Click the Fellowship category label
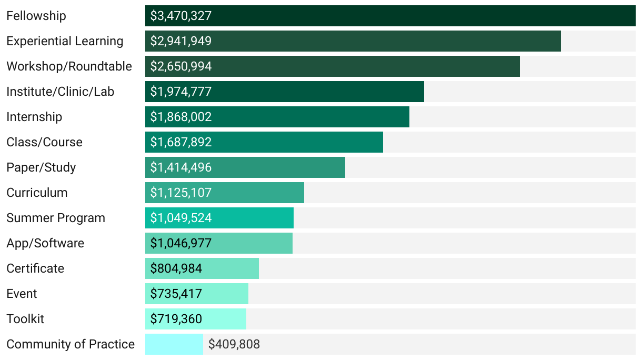pyautogui.click(x=36, y=16)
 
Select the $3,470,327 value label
pyautogui.click(x=181, y=16)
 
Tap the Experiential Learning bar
pyautogui.click(x=368, y=41)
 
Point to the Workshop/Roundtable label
pyautogui.click(x=69, y=66)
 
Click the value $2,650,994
pyautogui.click(x=181, y=66)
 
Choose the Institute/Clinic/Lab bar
pyautogui.click(x=316, y=92)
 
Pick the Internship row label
pyautogui.click(x=34, y=117)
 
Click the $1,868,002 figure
pyautogui.click(x=181, y=117)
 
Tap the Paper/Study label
pyautogui.click(x=41, y=167)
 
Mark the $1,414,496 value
pyautogui.click(x=181, y=167)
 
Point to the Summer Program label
pyautogui.click(x=56, y=218)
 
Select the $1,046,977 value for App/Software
pyautogui.click(x=181, y=243)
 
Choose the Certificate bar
pyautogui.click(x=232, y=268)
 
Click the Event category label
pyautogui.click(x=22, y=294)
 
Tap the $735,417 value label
pyautogui.click(x=176, y=294)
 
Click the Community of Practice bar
pyautogui.click(x=174, y=344)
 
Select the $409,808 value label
pyautogui.click(x=234, y=344)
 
